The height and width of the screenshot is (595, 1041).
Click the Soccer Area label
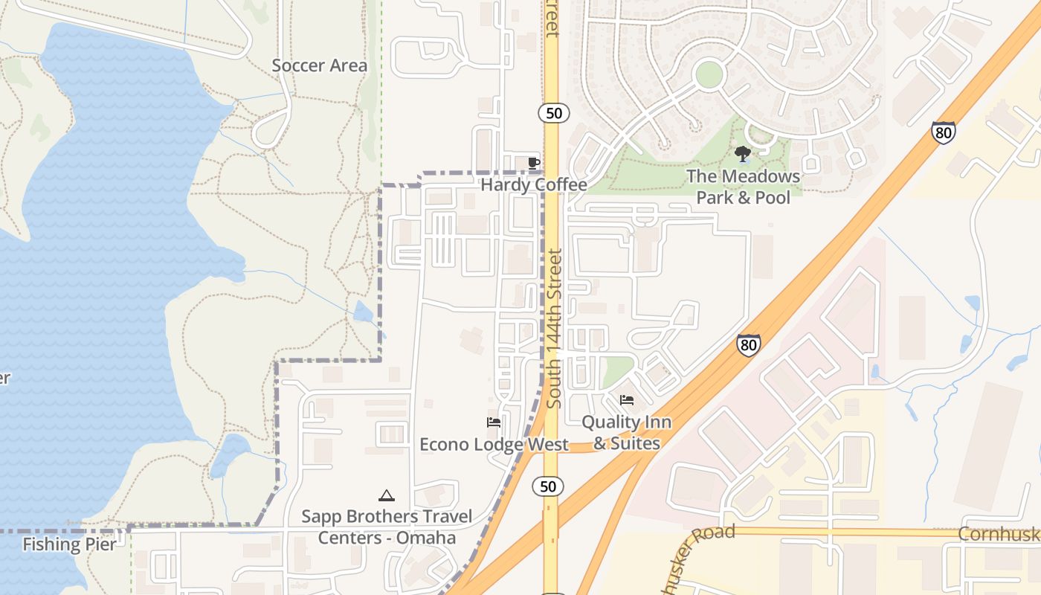(319, 65)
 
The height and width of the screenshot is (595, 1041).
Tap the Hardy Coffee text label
(534, 184)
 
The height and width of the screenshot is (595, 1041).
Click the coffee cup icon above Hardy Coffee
(533, 162)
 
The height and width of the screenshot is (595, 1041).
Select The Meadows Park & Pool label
(743, 187)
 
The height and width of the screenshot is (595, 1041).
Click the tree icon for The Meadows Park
(742, 154)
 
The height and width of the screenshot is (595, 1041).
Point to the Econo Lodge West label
(494, 444)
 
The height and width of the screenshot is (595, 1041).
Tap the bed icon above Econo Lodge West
(493, 422)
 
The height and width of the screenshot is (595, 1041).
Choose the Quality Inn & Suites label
(626, 432)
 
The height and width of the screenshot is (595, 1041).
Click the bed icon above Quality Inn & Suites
(627, 400)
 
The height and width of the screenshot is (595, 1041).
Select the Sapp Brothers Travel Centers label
(387, 527)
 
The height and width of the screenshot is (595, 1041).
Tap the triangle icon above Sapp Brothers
(386, 495)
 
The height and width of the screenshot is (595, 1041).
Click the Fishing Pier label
(69, 544)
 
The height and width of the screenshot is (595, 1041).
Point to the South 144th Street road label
(554, 328)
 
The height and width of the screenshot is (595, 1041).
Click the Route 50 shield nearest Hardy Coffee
(553, 113)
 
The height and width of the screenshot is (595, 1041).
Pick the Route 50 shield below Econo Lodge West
(548, 486)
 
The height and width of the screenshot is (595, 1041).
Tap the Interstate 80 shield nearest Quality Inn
(749, 344)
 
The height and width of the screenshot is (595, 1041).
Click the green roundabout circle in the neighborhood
(709, 74)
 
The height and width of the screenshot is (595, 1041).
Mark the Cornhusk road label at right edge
(999, 534)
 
